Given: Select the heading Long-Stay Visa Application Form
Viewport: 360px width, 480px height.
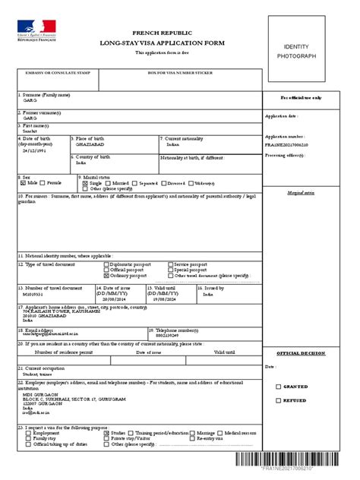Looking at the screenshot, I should (x=163, y=43).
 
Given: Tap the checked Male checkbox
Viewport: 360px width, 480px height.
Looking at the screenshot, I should (x=23, y=183).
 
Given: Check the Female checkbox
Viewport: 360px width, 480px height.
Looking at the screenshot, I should (x=44, y=183).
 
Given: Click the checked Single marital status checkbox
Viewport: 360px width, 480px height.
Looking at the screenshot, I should (x=86, y=183).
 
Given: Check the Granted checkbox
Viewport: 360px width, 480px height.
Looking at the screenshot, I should (x=278, y=387).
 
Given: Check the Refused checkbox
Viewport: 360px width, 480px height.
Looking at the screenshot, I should (x=278, y=400).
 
